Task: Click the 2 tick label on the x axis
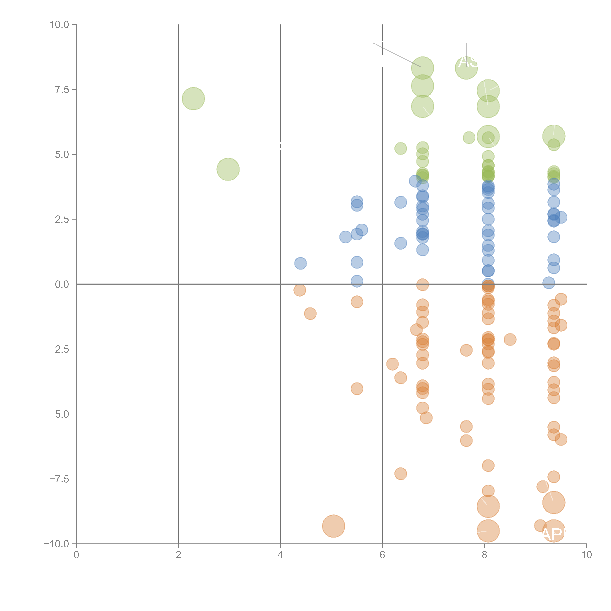click(x=178, y=555)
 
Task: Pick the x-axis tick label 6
click(x=382, y=555)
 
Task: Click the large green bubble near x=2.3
click(x=193, y=99)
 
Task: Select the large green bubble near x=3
click(x=228, y=169)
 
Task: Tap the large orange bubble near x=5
click(x=333, y=526)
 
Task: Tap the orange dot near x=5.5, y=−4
click(x=357, y=389)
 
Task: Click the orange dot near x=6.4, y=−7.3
click(x=400, y=473)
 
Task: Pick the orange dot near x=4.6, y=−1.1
click(x=310, y=313)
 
